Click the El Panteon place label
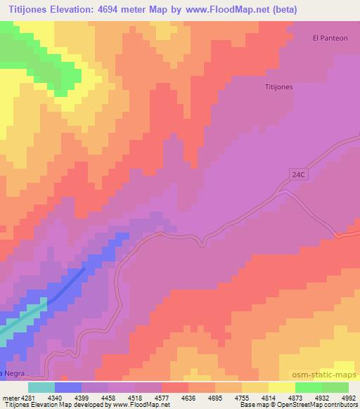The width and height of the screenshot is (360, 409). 330,38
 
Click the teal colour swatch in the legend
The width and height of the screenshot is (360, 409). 41,387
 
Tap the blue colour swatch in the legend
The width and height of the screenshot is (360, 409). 68,387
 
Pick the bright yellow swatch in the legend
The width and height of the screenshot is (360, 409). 282,387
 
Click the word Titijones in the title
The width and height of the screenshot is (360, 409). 30,9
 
